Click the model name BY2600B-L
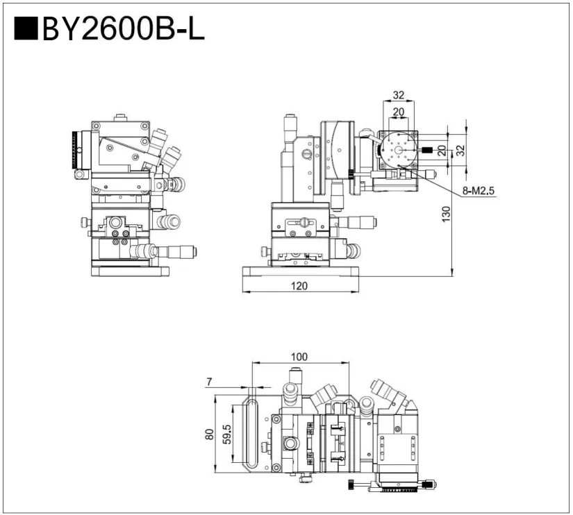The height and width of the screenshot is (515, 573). (123, 29)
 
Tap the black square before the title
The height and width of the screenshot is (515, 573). (26, 29)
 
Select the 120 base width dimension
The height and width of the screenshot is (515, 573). (300, 285)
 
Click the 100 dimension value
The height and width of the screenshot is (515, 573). (299, 357)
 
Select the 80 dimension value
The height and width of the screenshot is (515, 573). (208, 434)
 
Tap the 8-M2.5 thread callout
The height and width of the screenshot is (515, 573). (479, 192)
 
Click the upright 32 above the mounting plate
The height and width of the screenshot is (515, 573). (399, 96)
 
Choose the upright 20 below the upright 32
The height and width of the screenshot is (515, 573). (399, 112)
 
